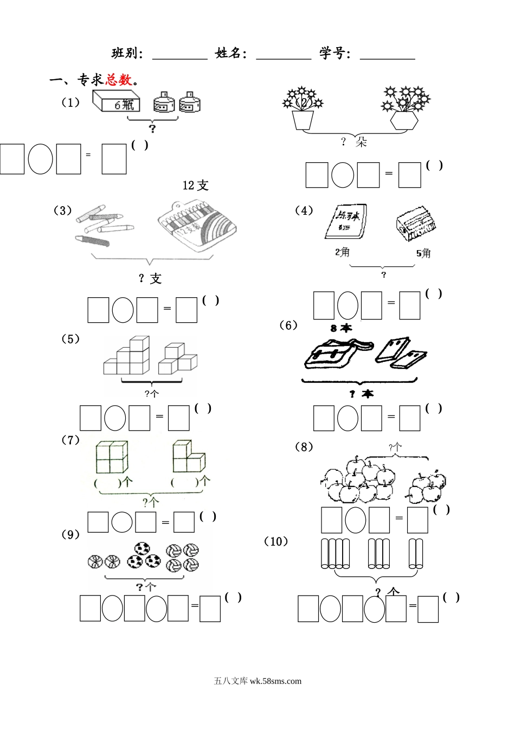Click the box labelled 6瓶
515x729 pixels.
click(x=117, y=101)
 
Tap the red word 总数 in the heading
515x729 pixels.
click(x=119, y=80)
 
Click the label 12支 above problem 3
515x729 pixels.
click(x=195, y=186)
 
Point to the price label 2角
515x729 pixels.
click(x=342, y=252)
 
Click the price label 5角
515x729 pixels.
click(x=423, y=253)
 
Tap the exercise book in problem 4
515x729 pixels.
click(x=346, y=221)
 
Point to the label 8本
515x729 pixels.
click(x=341, y=328)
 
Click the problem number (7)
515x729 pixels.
click(x=70, y=440)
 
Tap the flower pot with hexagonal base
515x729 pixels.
click(x=403, y=120)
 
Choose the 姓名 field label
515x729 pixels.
click(x=231, y=53)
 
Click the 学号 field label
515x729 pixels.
click(x=335, y=53)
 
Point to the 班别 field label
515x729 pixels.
click(x=127, y=53)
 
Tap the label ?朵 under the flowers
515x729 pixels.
click(x=354, y=142)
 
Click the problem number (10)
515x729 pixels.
click(x=276, y=541)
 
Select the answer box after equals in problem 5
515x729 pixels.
click(x=179, y=418)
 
